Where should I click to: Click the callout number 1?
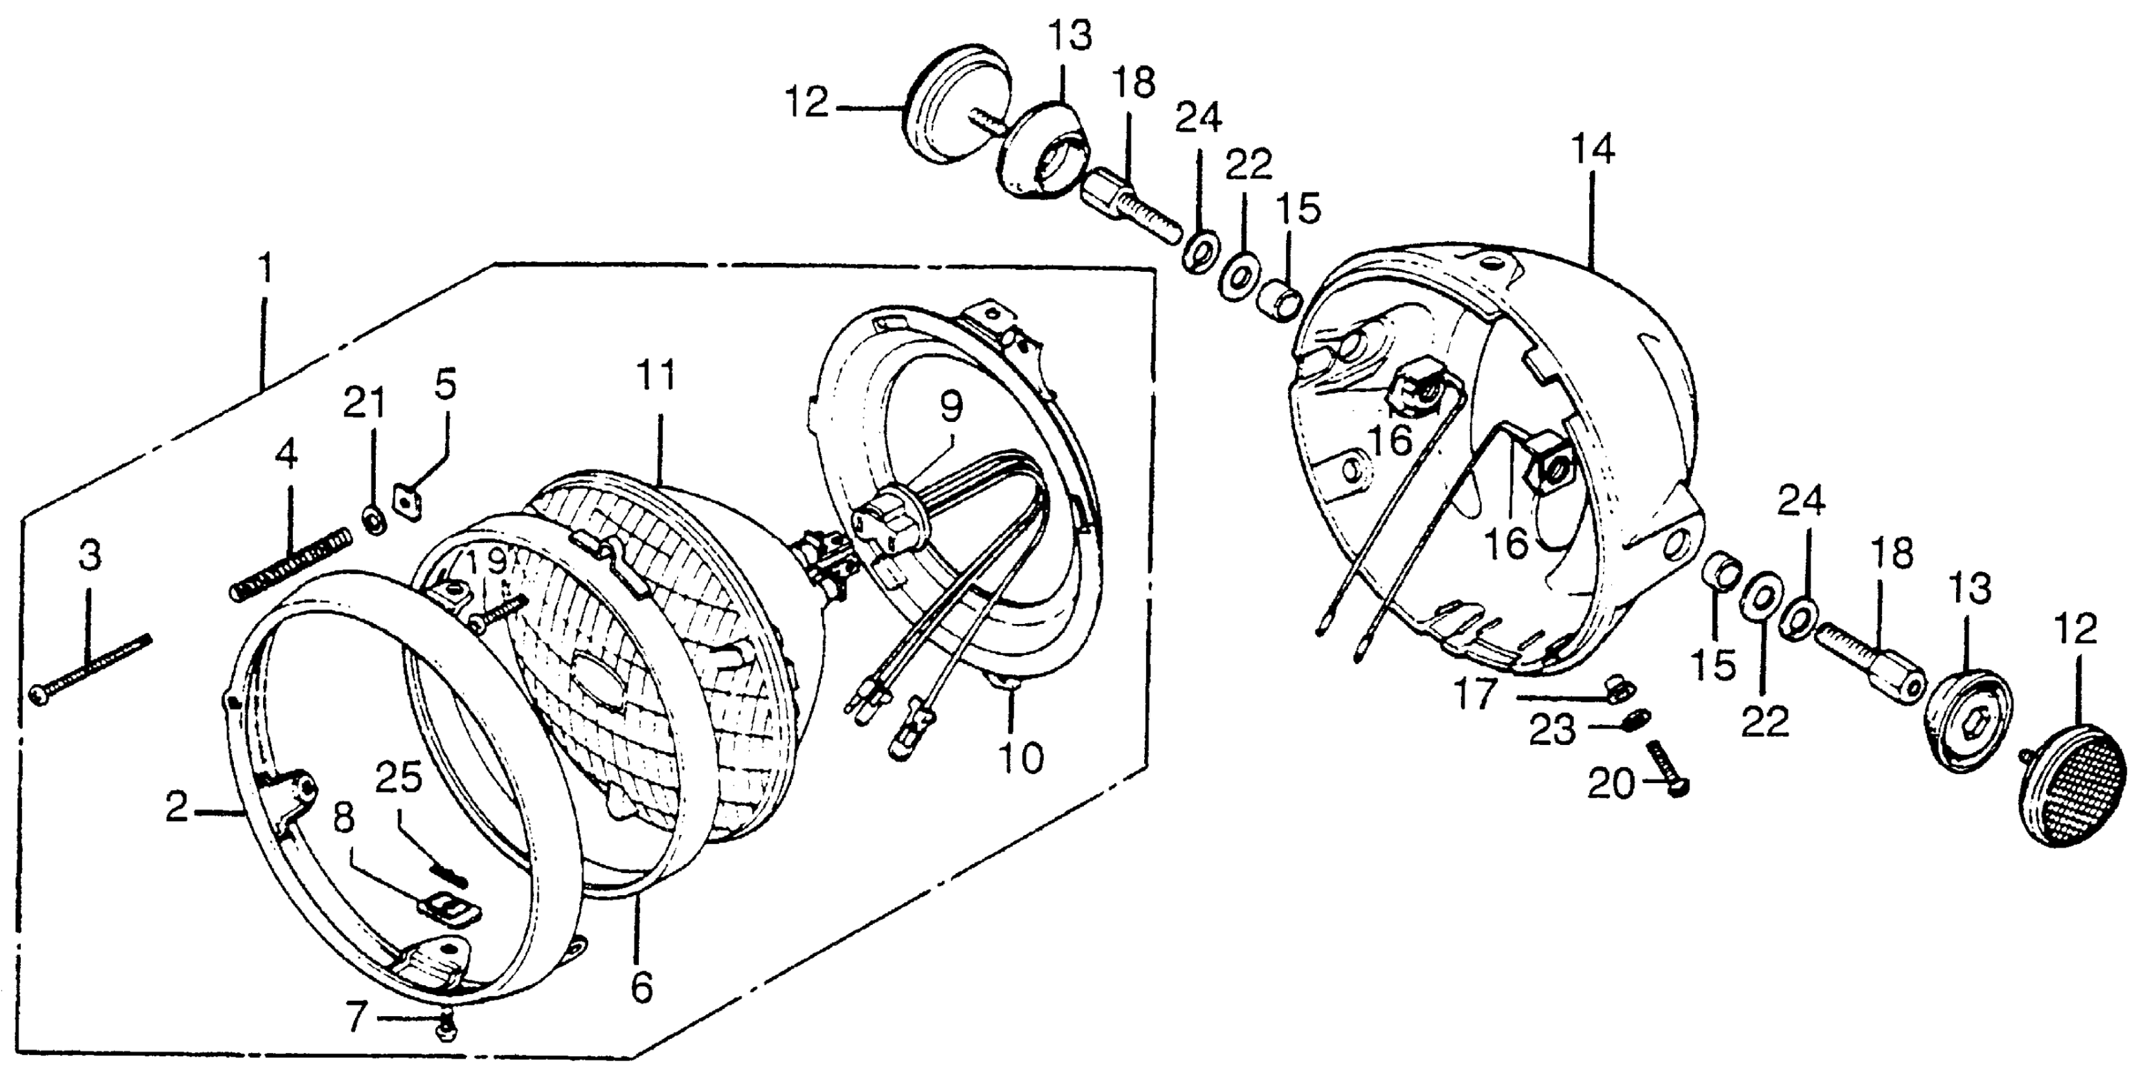265,268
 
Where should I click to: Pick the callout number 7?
357,1018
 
